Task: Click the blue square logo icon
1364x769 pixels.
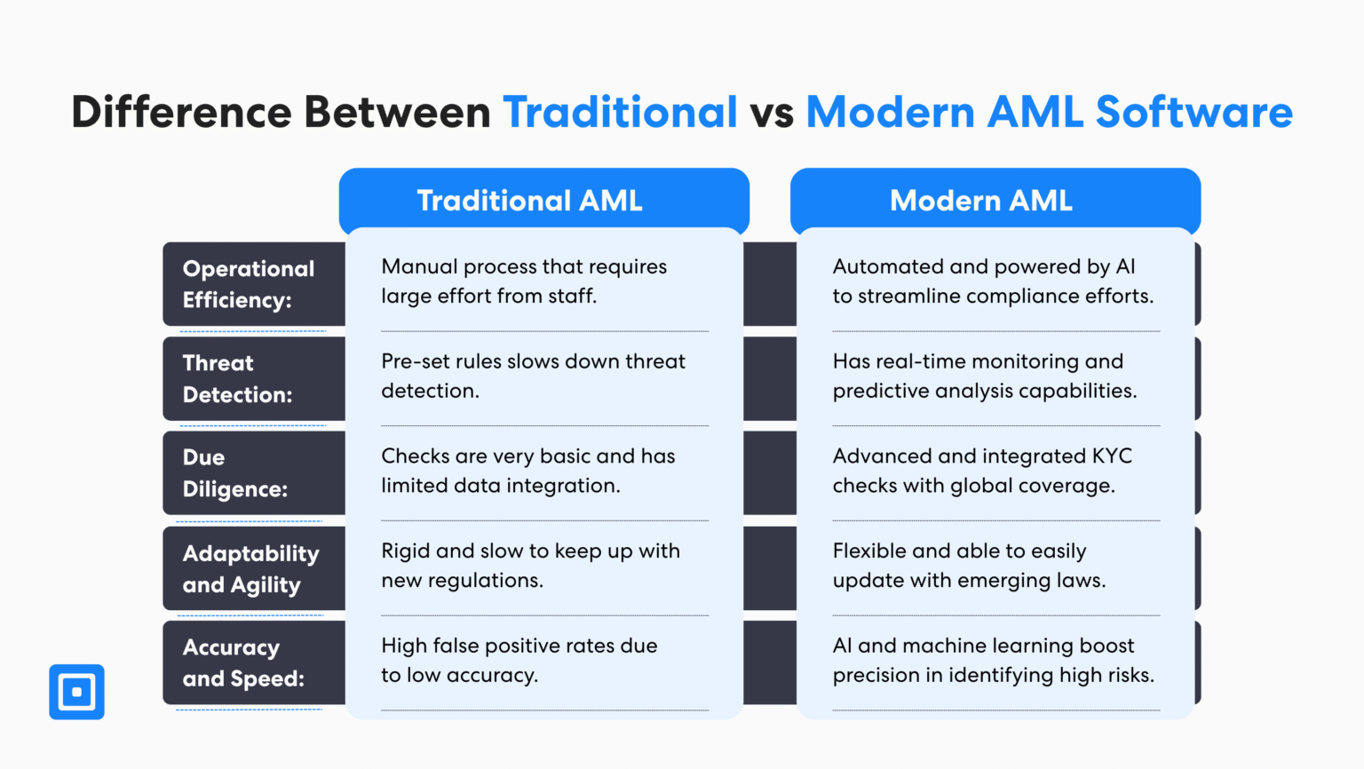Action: tap(76, 692)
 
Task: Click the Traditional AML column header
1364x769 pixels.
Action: tap(529, 201)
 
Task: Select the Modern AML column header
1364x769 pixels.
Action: tap(981, 201)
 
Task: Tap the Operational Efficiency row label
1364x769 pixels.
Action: tap(249, 284)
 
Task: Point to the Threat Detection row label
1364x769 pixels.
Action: tap(237, 378)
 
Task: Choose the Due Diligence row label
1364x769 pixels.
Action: tap(235, 473)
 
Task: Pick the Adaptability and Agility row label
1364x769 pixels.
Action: tap(250, 569)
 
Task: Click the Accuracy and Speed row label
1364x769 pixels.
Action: tap(243, 663)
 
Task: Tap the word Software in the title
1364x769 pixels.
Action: tap(1193, 113)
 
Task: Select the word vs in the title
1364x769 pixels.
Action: tap(771, 113)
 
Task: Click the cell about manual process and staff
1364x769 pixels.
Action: tap(524, 281)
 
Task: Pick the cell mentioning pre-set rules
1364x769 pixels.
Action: tap(533, 376)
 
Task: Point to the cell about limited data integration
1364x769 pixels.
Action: tap(527, 471)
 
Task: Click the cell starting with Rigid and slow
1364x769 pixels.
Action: tap(530, 566)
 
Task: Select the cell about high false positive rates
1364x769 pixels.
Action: tap(519, 660)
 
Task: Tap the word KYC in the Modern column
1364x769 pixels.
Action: tap(1112, 456)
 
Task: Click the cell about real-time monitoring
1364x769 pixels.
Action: tap(984, 376)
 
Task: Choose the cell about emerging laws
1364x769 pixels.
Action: tap(969, 566)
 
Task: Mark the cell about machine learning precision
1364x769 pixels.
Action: tap(993, 660)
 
